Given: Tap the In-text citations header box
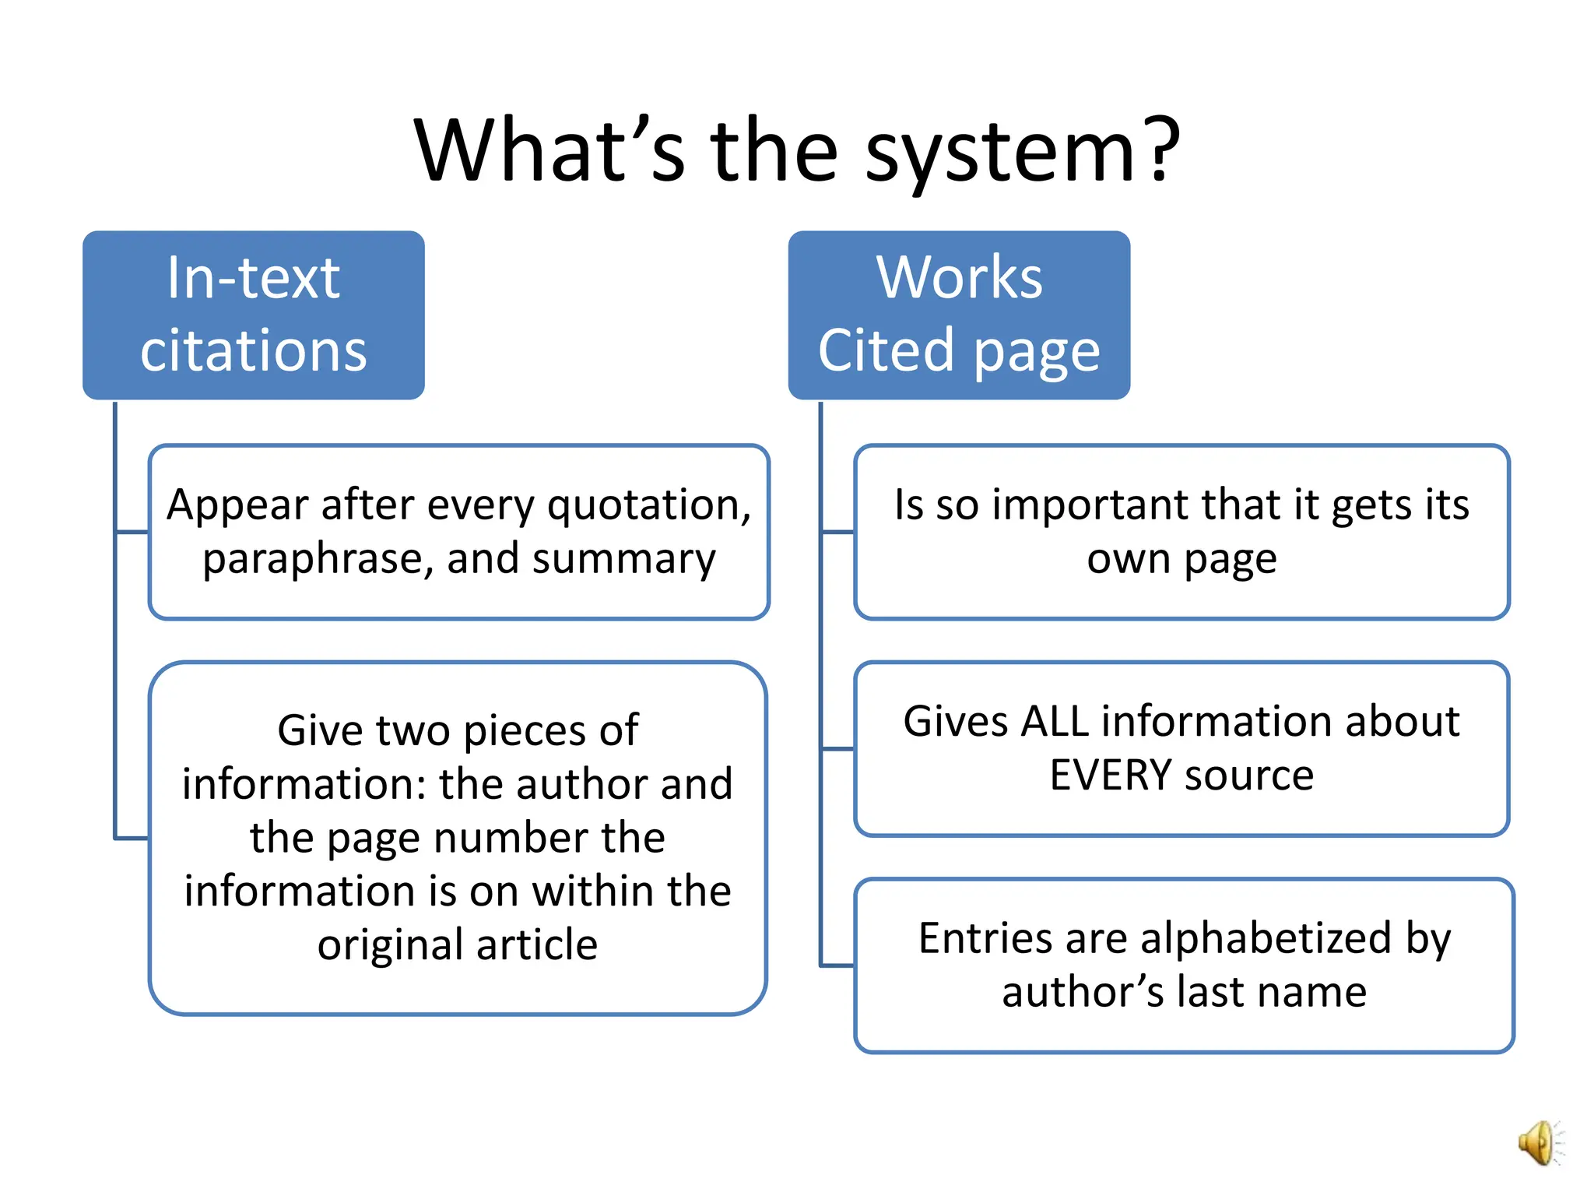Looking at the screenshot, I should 254,315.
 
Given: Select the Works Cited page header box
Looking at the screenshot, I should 958,315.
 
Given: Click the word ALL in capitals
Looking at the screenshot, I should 1055,721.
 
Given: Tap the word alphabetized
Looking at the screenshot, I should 1266,938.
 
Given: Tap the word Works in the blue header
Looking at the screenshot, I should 958,278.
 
